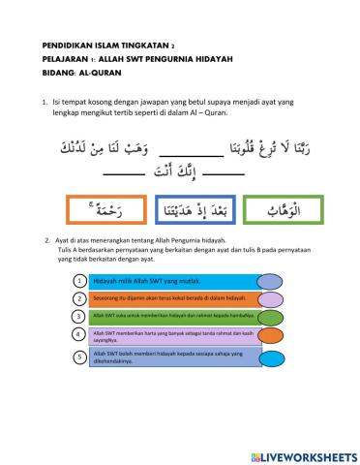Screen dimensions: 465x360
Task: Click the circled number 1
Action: point(77,280)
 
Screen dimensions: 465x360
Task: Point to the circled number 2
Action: point(77,298)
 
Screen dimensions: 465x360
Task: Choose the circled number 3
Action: point(77,316)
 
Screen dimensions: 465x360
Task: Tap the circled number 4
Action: point(77,335)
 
